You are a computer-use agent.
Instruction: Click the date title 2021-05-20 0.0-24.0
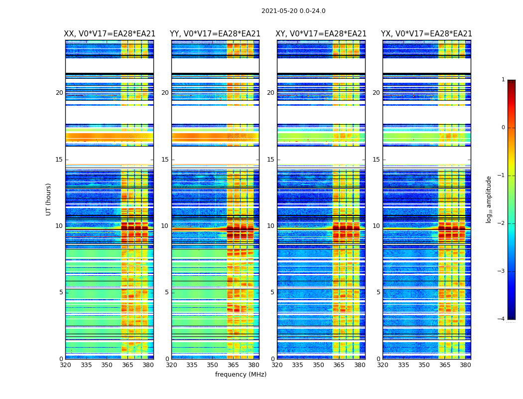[x=293, y=11]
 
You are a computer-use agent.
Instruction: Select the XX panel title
[x=110, y=34]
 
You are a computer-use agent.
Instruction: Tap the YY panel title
[x=215, y=34]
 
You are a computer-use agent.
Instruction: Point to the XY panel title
[x=321, y=34]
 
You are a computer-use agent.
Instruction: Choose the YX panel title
[x=426, y=34]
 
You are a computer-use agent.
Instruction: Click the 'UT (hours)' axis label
[x=49, y=199]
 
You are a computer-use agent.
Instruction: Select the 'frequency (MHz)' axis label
[x=241, y=375]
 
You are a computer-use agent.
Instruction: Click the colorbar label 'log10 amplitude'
[x=489, y=199]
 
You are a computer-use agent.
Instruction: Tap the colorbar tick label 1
[x=503, y=80]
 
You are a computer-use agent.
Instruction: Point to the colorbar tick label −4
[x=502, y=319]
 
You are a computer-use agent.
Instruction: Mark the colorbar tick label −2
[x=502, y=223]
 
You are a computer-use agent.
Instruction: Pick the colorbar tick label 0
[x=503, y=128]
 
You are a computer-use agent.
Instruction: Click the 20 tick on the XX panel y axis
[x=59, y=93]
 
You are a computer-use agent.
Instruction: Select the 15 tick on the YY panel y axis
[x=165, y=160]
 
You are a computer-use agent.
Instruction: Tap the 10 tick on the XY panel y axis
[x=270, y=226]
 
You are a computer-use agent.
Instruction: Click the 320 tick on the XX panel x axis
[x=65, y=365]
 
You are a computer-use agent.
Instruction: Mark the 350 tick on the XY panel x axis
[x=318, y=365]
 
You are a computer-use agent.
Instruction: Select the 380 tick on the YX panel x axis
[x=465, y=365]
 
